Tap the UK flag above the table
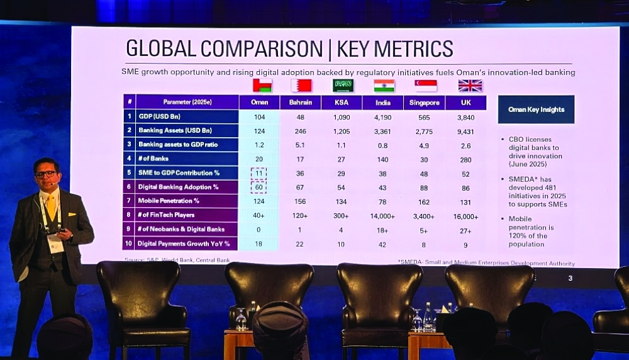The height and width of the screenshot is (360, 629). tap(470, 86)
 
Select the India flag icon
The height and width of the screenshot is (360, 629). tap(384, 86)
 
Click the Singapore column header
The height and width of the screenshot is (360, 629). tap(424, 103)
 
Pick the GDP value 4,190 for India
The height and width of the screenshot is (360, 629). tap(382, 117)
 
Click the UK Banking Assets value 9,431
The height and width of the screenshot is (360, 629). tap(466, 131)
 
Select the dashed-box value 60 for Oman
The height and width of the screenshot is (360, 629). tap(259, 187)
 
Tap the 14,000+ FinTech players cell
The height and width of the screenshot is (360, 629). tap(382, 216)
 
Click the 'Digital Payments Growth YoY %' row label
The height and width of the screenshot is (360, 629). tap(184, 244)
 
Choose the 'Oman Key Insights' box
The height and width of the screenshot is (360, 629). tap(536, 110)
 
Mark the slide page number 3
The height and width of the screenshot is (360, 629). tap(570, 278)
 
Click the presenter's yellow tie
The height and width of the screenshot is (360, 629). tap(51, 208)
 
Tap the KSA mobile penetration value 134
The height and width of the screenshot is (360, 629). tap(341, 201)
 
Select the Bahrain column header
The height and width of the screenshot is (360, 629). tap(300, 103)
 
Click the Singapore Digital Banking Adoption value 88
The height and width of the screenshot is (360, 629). tap(423, 187)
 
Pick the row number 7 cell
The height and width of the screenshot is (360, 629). tap(129, 201)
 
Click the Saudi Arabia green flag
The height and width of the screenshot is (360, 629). tap(343, 86)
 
